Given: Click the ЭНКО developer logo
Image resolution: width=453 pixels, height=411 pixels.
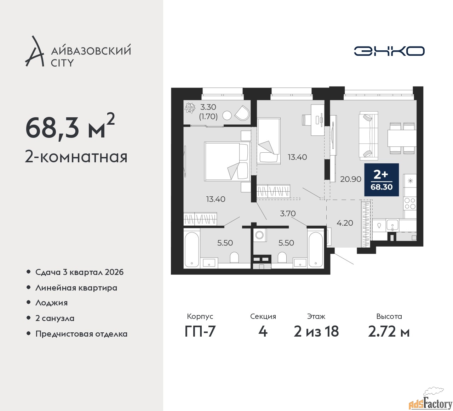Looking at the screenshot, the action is click(389, 51).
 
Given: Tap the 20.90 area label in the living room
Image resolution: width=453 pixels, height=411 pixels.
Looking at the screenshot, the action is click(351, 179).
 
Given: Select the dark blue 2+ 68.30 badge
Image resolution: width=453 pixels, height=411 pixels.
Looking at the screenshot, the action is click(382, 180).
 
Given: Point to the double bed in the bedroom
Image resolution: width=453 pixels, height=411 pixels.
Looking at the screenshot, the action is click(228, 162).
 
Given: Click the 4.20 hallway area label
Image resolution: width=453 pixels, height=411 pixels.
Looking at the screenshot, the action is click(345, 223).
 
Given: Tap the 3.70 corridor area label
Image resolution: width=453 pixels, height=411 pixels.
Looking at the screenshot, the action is click(288, 213).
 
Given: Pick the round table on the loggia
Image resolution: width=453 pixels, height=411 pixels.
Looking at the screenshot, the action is click(227, 116).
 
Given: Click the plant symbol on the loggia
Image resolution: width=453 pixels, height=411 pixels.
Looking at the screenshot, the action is click(190, 108).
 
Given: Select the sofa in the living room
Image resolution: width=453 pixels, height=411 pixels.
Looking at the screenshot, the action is click(368, 134).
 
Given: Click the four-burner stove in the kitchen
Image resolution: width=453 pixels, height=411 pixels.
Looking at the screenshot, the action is click(410, 204).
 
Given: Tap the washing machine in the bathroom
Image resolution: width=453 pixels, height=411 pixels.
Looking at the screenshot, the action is click(260, 235).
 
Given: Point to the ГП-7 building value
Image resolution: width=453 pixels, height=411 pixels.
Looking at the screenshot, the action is click(200, 331).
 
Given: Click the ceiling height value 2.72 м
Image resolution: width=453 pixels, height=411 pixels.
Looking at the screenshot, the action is click(389, 331).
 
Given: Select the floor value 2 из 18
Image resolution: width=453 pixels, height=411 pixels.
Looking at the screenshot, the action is click(316, 331).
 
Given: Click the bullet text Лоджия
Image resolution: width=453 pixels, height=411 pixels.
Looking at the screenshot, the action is click(51, 303).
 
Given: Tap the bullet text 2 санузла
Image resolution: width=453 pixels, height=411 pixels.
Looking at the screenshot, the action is click(55, 318).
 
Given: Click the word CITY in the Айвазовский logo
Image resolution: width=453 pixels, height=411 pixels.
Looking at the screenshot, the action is click(62, 63).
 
